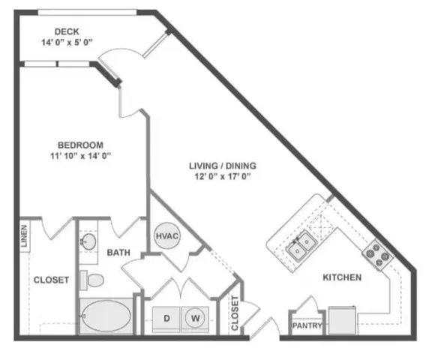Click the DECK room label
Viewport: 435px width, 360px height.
(67, 31)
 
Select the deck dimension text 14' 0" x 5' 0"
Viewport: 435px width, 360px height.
(67, 43)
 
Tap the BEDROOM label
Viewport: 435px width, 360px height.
(80, 145)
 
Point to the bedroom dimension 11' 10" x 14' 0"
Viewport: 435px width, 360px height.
(80, 157)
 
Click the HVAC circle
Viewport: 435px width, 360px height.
(166, 235)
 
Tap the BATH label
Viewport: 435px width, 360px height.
(118, 253)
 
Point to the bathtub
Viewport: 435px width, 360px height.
(104, 316)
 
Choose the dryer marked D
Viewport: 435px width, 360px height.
(166, 319)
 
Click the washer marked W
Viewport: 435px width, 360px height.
(194, 319)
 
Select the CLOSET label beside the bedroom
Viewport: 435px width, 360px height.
(51, 280)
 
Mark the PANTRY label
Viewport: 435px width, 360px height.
(307, 325)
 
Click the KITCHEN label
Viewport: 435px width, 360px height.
(342, 277)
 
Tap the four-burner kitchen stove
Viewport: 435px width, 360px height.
(378, 255)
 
